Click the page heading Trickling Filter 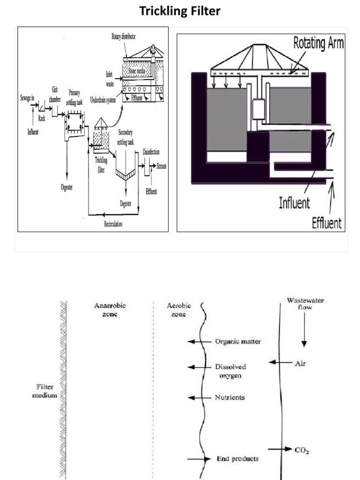click(x=180, y=11)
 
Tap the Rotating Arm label click(x=318, y=43)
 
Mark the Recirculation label click(x=113, y=224)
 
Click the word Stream click(x=161, y=166)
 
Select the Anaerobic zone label click(x=110, y=309)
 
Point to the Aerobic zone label click(x=176, y=309)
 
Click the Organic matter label click(x=238, y=342)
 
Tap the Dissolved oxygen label click(x=230, y=371)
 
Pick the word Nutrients click(x=230, y=397)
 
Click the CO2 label click(x=302, y=450)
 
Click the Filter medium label click(x=47, y=391)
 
